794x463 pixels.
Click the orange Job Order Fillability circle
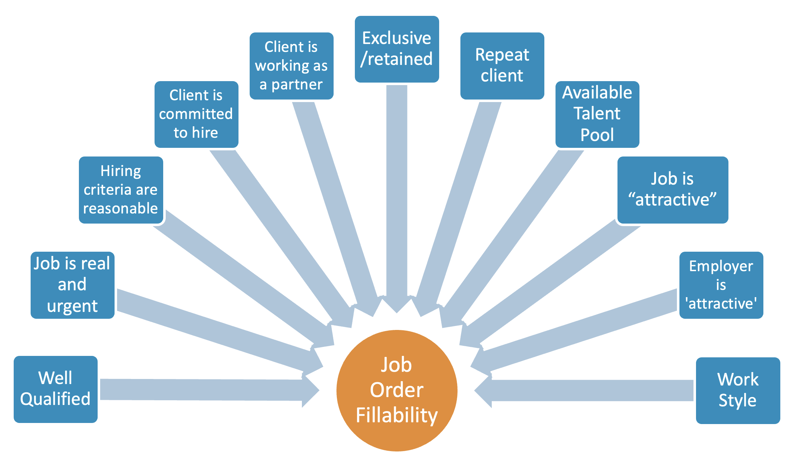coord(397,391)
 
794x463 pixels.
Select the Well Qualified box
coord(55,389)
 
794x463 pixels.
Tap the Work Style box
coord(738,391)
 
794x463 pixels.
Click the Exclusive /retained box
coord(397,49)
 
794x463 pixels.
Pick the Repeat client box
coord(502,66)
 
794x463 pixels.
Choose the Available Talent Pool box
coord(597,114)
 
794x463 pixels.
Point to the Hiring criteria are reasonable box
coord(121,190)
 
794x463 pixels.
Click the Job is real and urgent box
coord(72,285)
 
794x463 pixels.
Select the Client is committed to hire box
coord(196,114)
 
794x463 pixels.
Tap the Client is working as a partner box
coord(291,66)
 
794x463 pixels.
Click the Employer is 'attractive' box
coord(721,285)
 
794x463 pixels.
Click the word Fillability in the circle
coord(397,415)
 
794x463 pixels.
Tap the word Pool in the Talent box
coord(597,135)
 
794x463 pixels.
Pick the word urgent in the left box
coord(72,306)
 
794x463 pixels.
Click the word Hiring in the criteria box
coord(121,171)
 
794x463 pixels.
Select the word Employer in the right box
coord(721,266)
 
